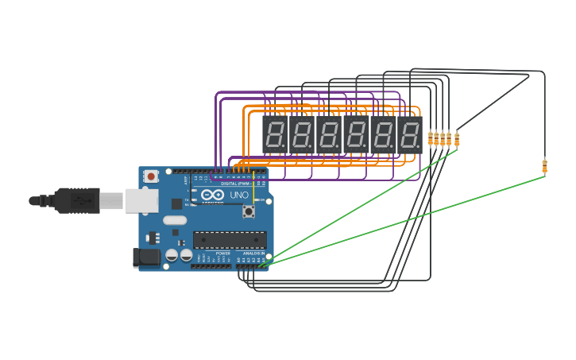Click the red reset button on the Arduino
coord(150,176)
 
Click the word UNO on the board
coord(239,195)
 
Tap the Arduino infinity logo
coord(212,195)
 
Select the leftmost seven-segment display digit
coord(274,135)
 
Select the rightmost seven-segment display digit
coord(409,135)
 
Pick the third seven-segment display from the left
coord(328,135)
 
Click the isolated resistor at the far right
coord(544,165)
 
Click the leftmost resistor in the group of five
coord(431,138)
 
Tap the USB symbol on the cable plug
coord(79,201)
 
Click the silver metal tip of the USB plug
coord(110,201)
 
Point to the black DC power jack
coord(145,257)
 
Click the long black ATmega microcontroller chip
coord(230,239)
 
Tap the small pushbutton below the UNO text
coord(248,211)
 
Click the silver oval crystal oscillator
coord(175,220)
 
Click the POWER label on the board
coord(222,254)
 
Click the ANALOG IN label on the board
coord(254,254)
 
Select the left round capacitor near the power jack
coord(172,255)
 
